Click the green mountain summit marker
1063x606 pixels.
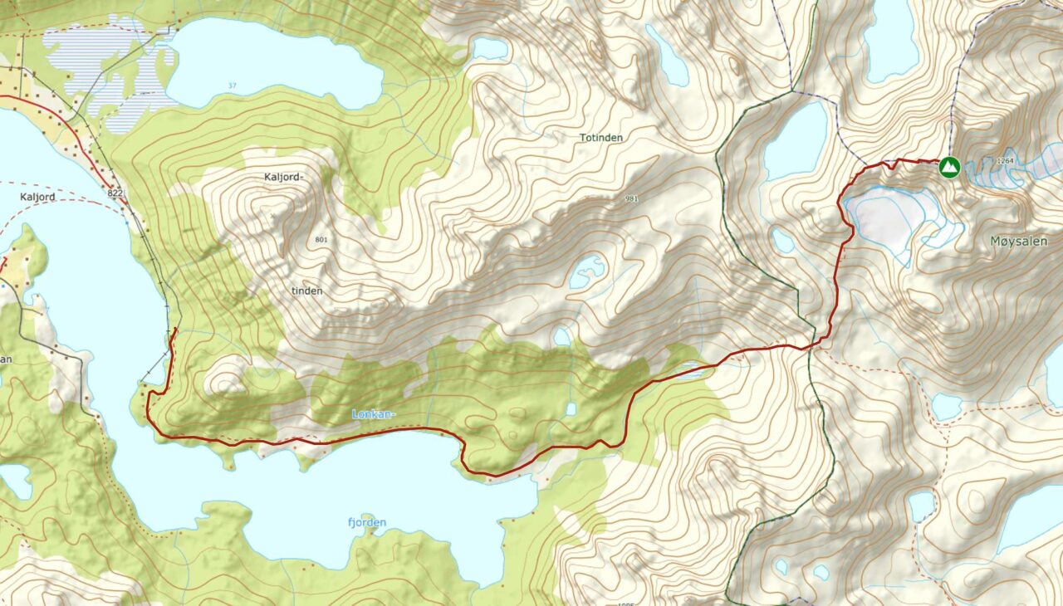(948, 167)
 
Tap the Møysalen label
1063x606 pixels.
(1018, 241)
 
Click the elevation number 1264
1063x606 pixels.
(1006, 161)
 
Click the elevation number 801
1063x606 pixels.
(322, 240)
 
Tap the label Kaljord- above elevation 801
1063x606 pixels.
(285, 177)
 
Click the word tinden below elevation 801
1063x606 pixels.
(306, 291)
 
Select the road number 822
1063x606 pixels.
(115, 193)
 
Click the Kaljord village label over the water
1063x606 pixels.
(37, 197)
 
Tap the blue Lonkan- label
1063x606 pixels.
(374, 413)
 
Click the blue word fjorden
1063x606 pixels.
(366, 522)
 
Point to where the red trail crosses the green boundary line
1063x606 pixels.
(811, 345)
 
